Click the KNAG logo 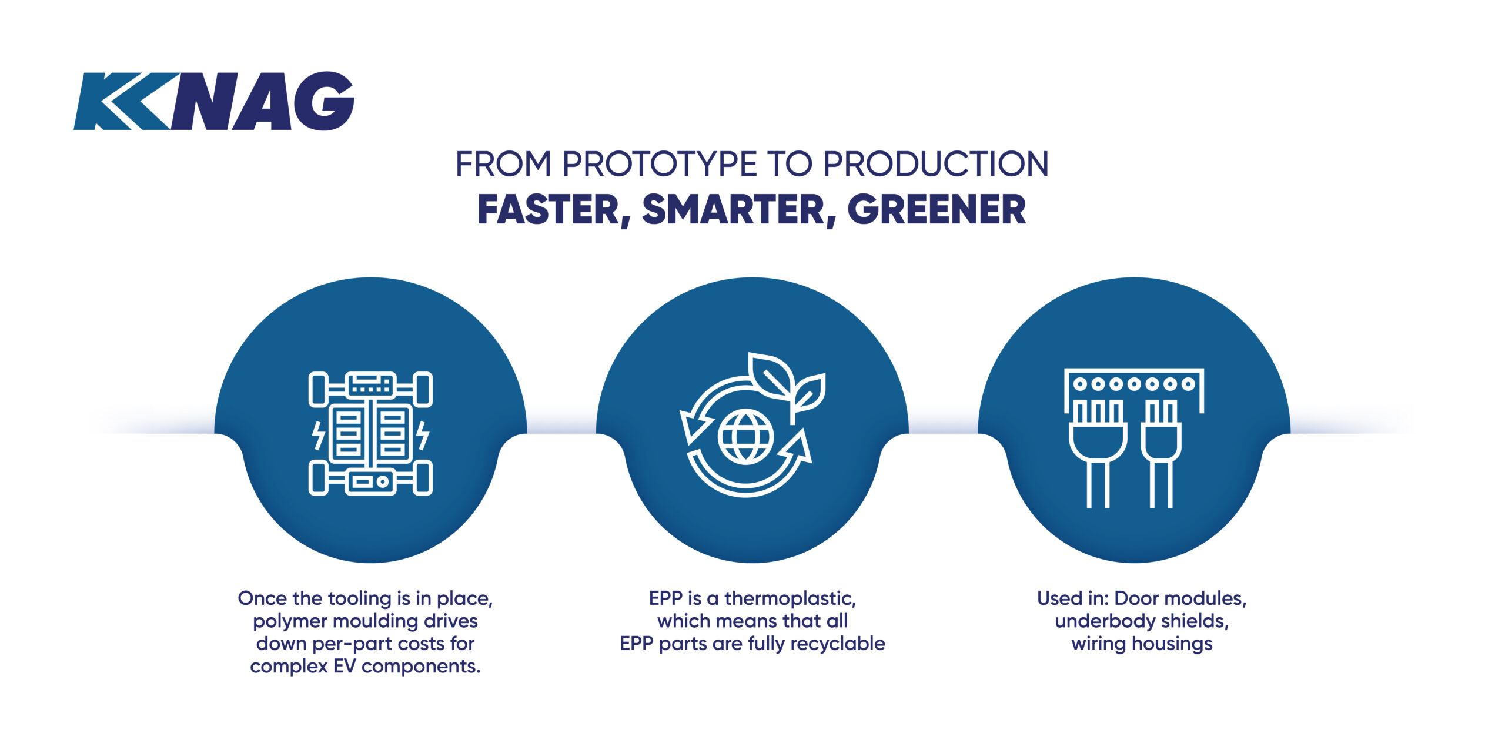point(214,101)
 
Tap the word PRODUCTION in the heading point(935,164)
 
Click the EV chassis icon point(370,433)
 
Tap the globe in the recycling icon point(745,436)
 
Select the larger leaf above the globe point(770,376)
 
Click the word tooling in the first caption point(360,599)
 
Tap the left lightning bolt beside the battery point(318,435)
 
